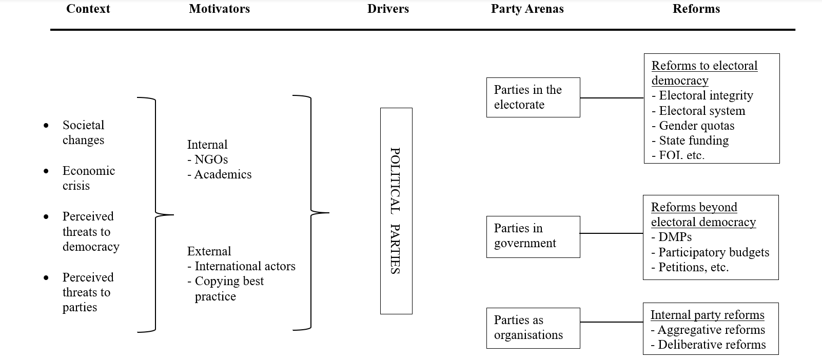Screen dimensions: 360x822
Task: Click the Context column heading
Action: [x=88, y=9]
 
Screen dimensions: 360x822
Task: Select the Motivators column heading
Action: [x=219, y=9]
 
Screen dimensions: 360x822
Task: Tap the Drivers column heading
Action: [x=388, y=9]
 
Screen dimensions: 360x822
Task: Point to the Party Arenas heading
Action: [x=527, y=9]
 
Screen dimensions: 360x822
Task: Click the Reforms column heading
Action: [x=696, y=9]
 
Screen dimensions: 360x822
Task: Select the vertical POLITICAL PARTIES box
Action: [x=396, y=211]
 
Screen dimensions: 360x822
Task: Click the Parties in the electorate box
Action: [x=533, y=97]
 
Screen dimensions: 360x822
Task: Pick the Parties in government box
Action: [x=533, y=236]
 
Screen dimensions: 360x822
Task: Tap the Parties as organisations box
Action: [x=533, y=328]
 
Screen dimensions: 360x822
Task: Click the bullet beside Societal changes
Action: [x=47, y=126]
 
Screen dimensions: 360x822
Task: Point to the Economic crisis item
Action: [x=88, y=178]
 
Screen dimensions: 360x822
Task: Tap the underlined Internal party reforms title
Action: [x=707, y=315]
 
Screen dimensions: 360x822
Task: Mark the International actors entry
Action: [x=244, y=266]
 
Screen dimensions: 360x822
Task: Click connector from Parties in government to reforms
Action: [x=611, y=233]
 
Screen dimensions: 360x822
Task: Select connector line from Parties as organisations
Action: [x=611, y=322]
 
